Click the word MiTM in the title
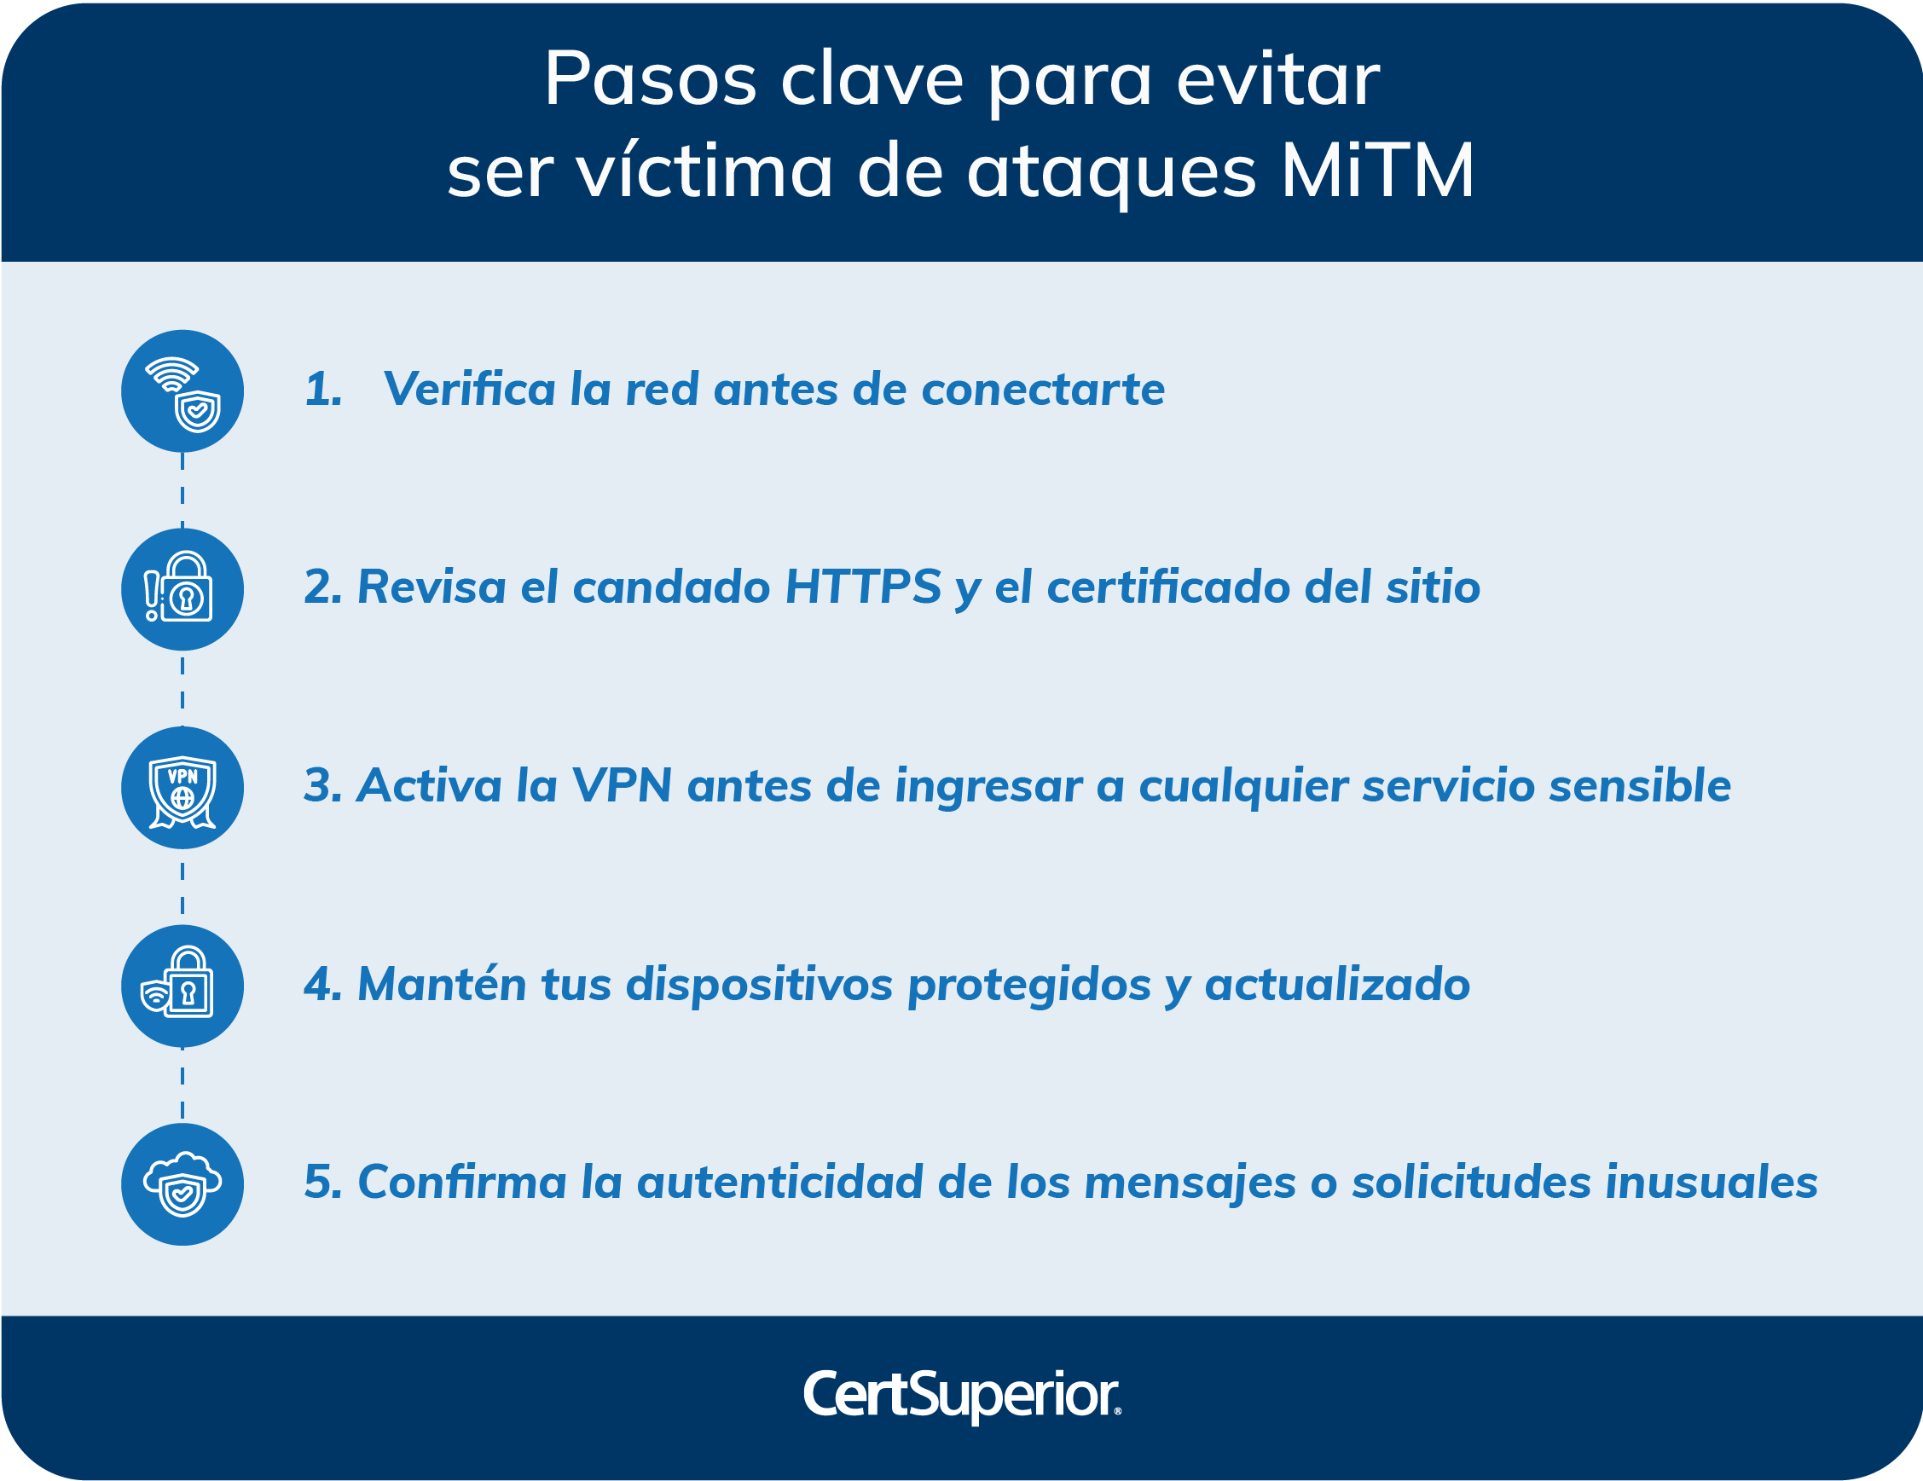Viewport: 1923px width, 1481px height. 1377,171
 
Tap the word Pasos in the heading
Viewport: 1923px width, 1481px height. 650,79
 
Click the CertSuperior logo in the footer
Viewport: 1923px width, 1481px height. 962,1395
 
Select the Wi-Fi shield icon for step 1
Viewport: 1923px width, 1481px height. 182,391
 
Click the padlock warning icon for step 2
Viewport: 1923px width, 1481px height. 182,589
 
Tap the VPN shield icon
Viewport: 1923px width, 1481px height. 182,788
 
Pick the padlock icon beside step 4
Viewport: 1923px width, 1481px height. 182,986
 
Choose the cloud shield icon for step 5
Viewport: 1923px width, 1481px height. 182,1184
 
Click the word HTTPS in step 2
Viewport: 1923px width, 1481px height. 863,587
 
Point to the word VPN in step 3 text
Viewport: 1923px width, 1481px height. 622,785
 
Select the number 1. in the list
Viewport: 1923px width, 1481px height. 323,389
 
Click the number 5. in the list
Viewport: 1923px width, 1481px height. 322,1182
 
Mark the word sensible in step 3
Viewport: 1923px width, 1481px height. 1640,785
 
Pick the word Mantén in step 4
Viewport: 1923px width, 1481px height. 439,984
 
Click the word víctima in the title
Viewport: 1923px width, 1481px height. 704,171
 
